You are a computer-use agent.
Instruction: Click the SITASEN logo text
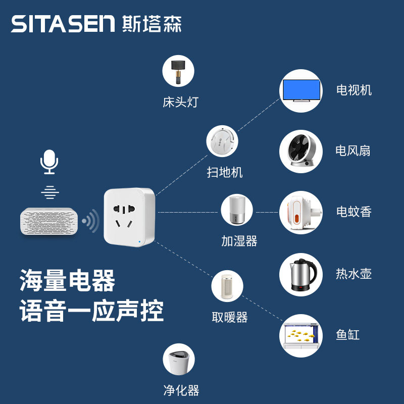(x=63, y=24)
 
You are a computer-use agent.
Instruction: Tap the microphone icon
(x=49, y=162)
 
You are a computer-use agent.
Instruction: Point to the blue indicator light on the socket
(x=139, y=242)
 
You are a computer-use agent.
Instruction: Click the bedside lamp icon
(x=178, y=71)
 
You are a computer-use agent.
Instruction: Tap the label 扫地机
(x=225, y=172)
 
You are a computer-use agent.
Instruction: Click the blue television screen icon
(x=301, y=91)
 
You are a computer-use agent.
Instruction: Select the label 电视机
(x=354, y=90)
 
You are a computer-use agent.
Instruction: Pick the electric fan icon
(x=301, y=151)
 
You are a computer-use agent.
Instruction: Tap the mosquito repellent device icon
(x=301, y=212)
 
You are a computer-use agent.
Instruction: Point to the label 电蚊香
(x=354, y=212)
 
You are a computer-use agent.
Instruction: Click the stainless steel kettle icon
(x=301, y=274)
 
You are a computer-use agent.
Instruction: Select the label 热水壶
(x=354, y=274)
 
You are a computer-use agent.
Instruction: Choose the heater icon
(x=227, y=286)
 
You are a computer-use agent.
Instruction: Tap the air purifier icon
(x=178, y=360)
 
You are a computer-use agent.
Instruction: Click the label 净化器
(x=181, y=390)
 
